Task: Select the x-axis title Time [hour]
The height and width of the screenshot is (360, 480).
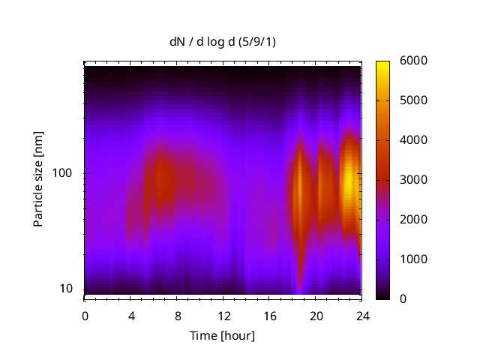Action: click(221, 335)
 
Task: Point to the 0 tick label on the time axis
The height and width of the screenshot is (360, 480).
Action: click(85, 316)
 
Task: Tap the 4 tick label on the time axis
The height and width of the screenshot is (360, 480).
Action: click(131, 316)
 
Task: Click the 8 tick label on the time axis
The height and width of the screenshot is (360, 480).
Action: click(177, 316)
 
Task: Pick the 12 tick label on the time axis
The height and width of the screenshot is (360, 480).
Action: click(223, 316)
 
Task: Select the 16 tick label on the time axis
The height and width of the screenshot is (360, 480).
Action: click(269, 316)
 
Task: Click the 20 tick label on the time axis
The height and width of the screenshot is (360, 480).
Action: click(316, 316)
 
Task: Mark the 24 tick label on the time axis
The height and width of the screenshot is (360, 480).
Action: click(361, 316)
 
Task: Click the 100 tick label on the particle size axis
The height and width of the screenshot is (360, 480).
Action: click(61, 174)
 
